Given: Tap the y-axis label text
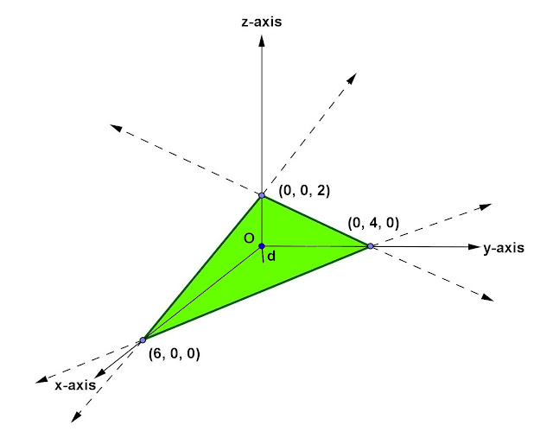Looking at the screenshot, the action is pyautogui.click(x=504, y=248).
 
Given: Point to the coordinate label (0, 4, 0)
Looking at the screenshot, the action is pyautogui.click(x=373, y=222).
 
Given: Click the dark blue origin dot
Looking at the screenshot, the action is pyautogui.click(x=262, y=246).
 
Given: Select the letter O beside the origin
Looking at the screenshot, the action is pyautogui.click(x=248, y=238).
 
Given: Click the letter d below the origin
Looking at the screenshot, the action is pyautogui.click(x=271, y=256).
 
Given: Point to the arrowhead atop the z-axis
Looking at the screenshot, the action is pyautogui.click(x=262, y=39).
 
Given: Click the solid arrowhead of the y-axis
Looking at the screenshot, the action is pyautogui.click(x=473, y=247).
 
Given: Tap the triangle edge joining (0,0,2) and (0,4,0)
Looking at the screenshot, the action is pyautogui.click(x=316, y=221).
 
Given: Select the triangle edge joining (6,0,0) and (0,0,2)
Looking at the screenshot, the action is pyautogui.click(x=202, y=267).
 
